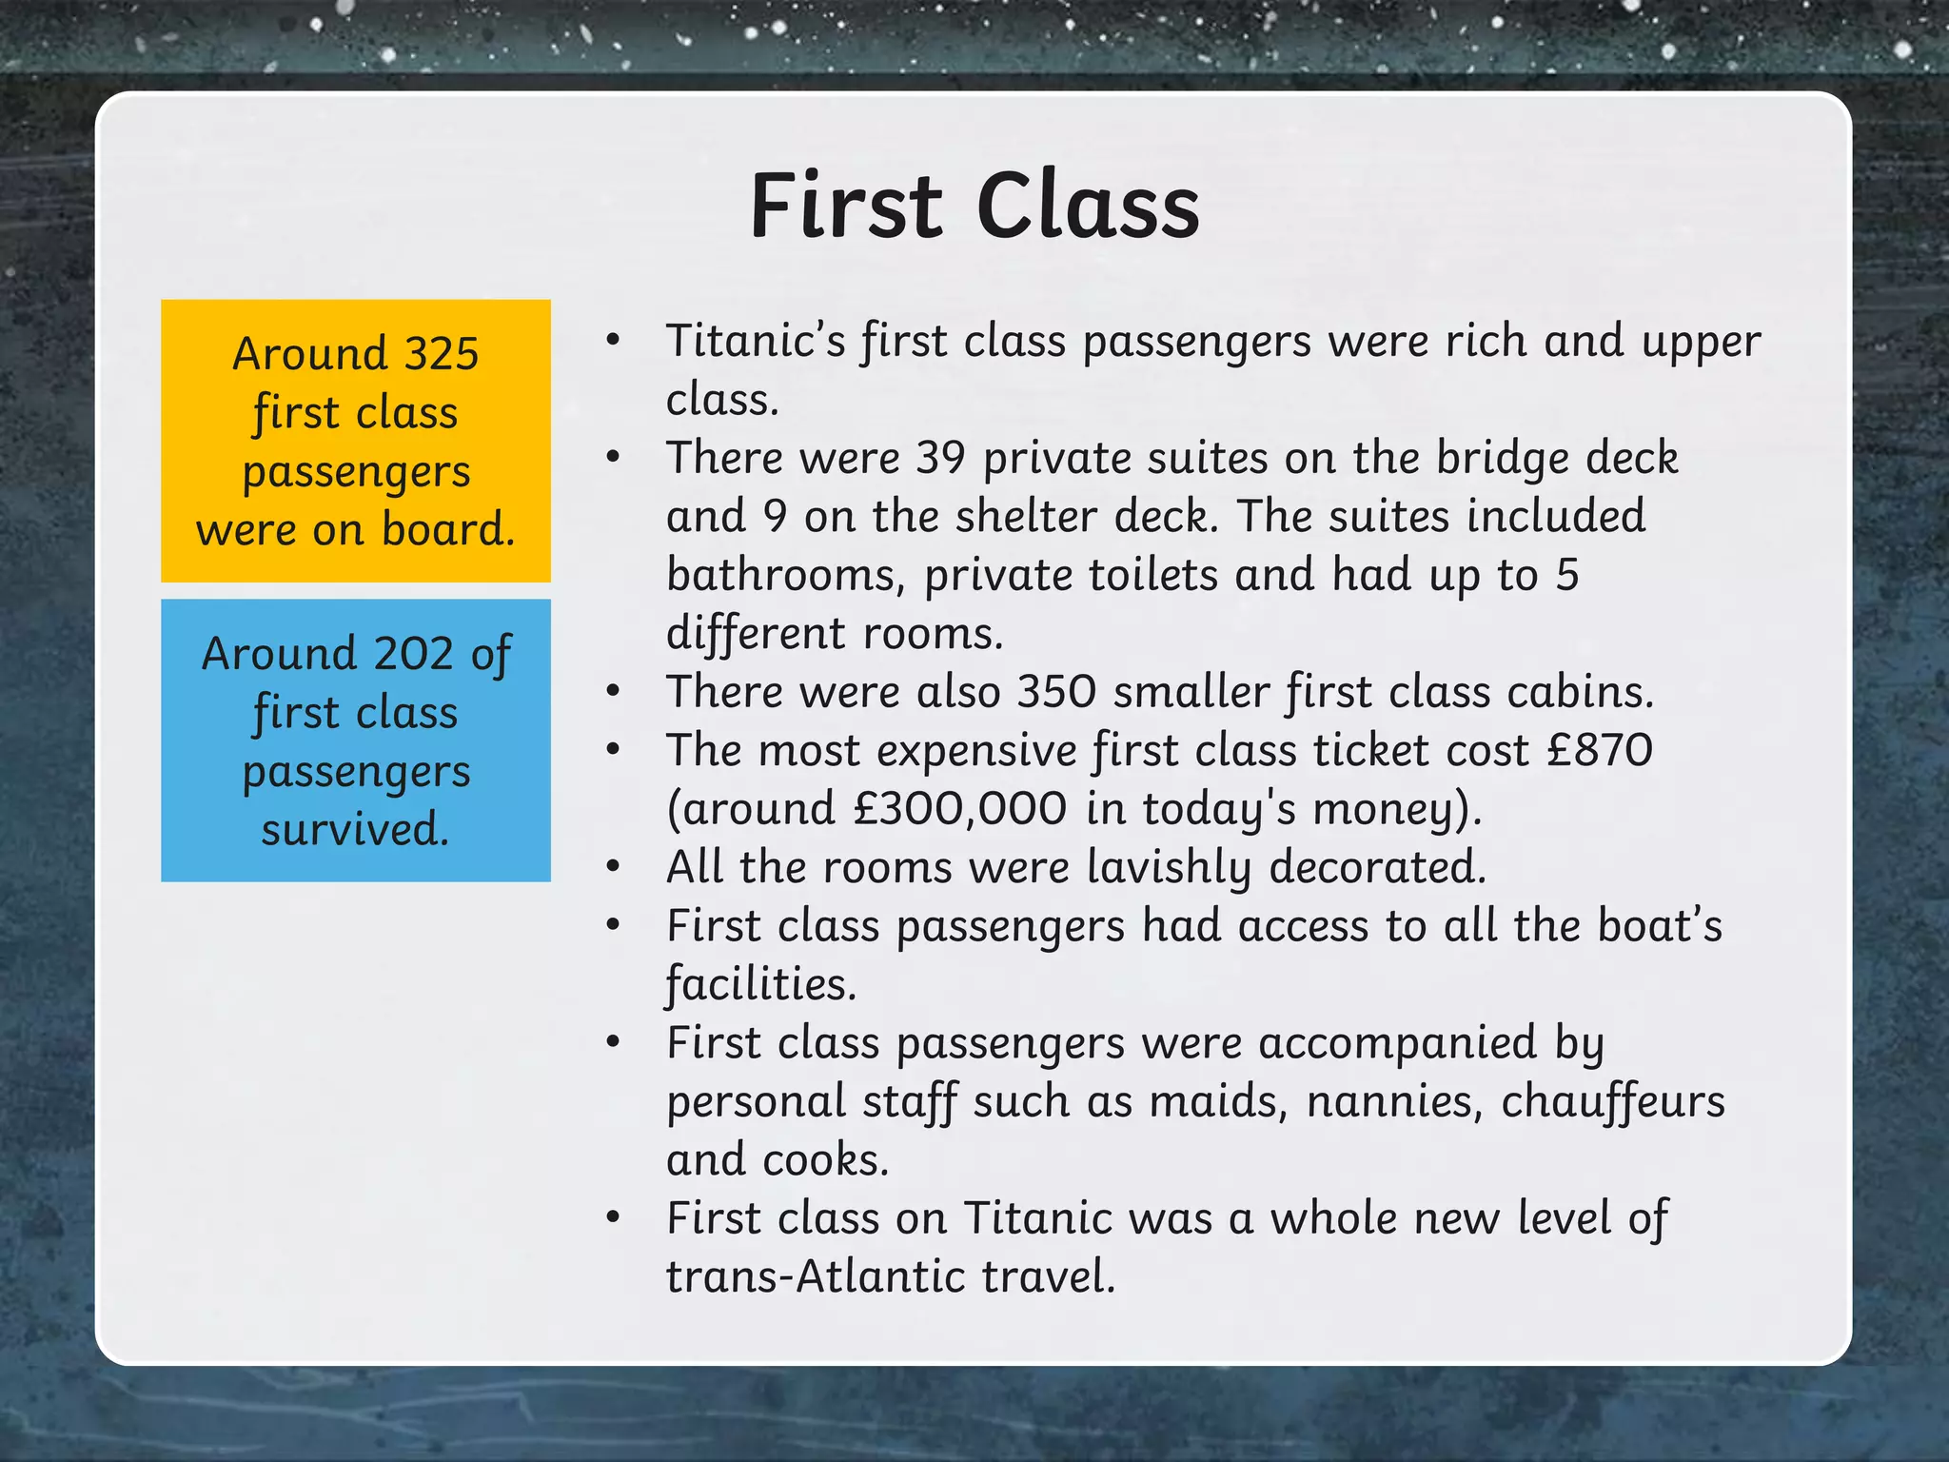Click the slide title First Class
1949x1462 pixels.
coord(974,206)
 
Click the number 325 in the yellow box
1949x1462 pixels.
coord(442,353)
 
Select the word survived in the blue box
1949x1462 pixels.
coord(354,829)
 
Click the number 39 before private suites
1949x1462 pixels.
coord(940,458)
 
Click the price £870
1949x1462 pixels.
coord(1600,750)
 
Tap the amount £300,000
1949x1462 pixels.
coord(959,809)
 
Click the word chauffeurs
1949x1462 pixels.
coord(1613,1102)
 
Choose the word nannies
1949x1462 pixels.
coord(1394,1102)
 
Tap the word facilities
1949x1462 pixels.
coord(760,985)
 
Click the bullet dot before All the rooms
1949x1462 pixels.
coord(614,866)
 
